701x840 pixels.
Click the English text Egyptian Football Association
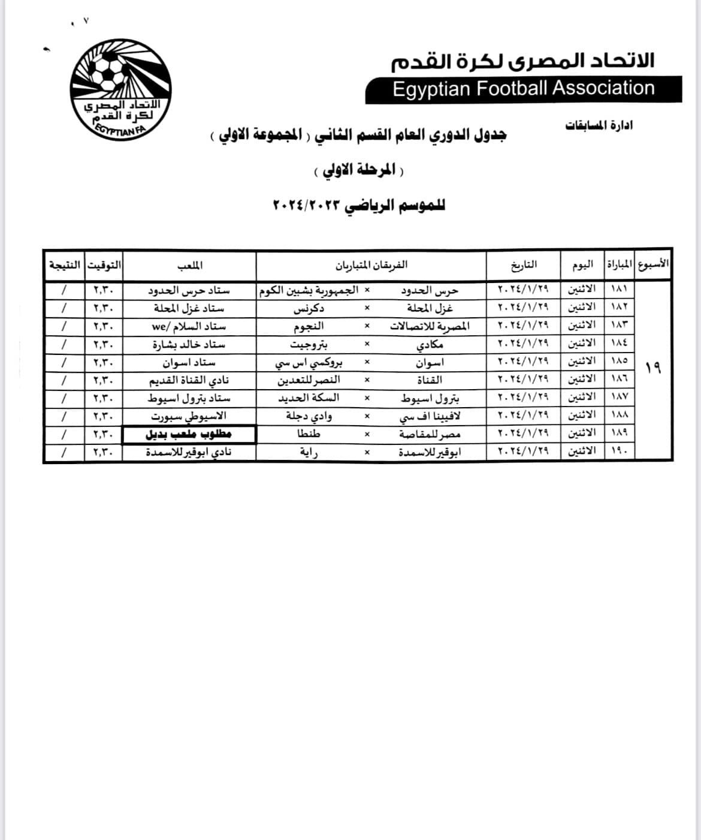pyautogui.click(x=524, y=89)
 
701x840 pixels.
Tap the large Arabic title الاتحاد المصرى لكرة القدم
pyautogui.click(x=522, y=61)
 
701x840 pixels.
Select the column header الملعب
pyautogui.click(x=189, y=264)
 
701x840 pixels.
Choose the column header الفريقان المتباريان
pyautogui.click(x=371, y=264)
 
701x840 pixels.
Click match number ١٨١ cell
pyautogui.click(x=618, y=290)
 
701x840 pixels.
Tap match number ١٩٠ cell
pyautogui.click(x=618, y=451)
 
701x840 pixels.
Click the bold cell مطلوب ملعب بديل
pyautogui.click(x=189, y=434)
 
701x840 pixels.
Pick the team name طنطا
pyautogui.click(x=309, y=434)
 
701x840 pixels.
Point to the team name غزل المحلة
pyautogui.click(x=430, y=308)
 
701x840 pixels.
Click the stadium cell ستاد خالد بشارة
pyautogui.click(x=189, y=344)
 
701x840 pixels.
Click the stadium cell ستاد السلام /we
pyautogui.click(x=189, y=326)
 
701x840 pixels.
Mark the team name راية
pyautogui.click(x=309, y=452)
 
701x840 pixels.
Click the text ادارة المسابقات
pyautogui.click(x=599, y=125)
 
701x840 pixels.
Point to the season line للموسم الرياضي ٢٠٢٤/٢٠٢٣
pyautogui.click(x=359, y=205)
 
